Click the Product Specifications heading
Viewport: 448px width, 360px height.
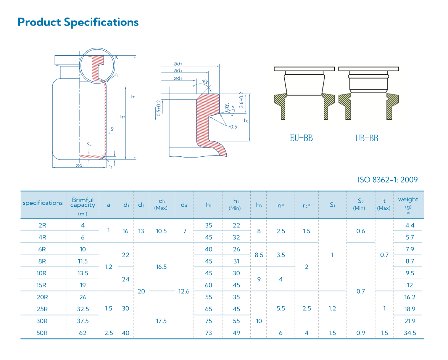coord(78,22)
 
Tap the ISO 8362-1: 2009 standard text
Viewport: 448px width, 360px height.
coord(388,180)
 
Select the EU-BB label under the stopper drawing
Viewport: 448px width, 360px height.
coord(301,138)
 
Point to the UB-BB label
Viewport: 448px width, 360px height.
coord(367,138)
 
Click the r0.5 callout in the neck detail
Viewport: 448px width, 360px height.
coord(232,127)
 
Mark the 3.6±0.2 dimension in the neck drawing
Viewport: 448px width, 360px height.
coord(242,100)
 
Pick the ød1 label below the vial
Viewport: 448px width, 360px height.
coord(80,165)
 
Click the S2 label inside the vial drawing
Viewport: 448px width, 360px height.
coord(89,145)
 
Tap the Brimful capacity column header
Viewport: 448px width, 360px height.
coord(82,206)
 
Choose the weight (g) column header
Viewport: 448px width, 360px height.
coord(408,206)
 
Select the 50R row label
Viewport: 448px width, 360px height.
coord(42,333)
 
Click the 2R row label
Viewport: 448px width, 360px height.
coord(42,225)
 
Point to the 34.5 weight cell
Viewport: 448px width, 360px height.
coord(410,333)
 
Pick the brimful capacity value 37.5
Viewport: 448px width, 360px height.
coord(83,321)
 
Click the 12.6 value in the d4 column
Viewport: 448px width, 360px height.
coord(184,291)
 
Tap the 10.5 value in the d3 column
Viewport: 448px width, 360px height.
coord(161,231)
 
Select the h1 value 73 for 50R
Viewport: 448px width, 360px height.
coord(209,333)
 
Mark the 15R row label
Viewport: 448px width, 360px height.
coord(42,285)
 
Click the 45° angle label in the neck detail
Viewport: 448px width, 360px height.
coord(206,82)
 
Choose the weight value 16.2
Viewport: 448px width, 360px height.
coord(410,297)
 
